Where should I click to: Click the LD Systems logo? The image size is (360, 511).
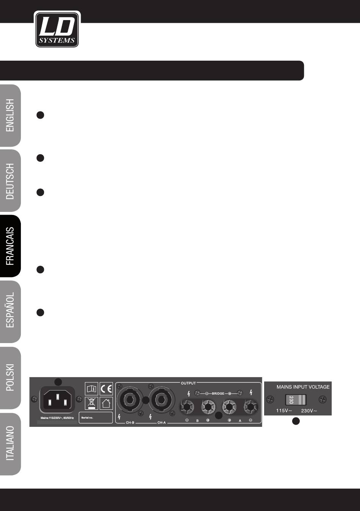57,30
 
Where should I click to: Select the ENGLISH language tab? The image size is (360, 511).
10,116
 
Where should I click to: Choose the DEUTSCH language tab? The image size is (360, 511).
10,181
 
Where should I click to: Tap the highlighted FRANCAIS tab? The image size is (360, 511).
10,246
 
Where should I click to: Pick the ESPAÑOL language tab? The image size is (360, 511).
10,311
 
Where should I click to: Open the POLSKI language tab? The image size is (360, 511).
10,377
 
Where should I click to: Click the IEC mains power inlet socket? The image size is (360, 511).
57,400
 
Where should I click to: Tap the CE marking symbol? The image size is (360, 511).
106,389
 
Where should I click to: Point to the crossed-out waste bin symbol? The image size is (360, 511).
91,403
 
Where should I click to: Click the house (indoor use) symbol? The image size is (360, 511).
106,403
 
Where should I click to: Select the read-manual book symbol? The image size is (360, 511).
91,389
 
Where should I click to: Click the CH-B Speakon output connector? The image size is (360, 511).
130,400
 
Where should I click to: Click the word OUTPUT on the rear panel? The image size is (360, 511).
188,383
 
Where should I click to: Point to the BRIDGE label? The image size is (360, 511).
218,394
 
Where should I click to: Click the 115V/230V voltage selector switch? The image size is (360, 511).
296,400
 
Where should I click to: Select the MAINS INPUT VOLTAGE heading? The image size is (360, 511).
303,387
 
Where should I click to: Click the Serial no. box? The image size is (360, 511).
95,417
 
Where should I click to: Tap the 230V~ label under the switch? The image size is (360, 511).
309,411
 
